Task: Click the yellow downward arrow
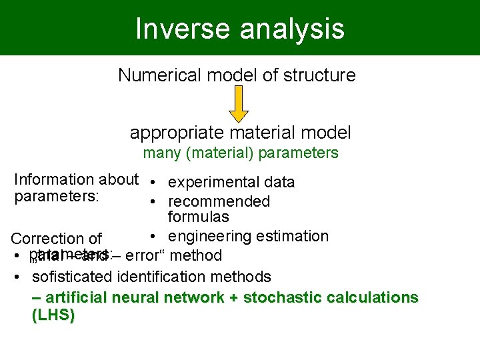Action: pyautogui.click(x=239, y=105)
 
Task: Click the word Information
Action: pyautogui.click(x=54, y=180)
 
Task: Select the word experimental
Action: pyautogui.click(x=214, y=183)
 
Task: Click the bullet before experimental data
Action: pyautogui.click(x=153, y=183)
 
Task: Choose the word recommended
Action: pyautogui.click(x=219, y=202)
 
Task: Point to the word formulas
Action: pyautogui.click(x=198, y=217)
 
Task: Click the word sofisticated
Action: pyautogui.click(x=73, y=277)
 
